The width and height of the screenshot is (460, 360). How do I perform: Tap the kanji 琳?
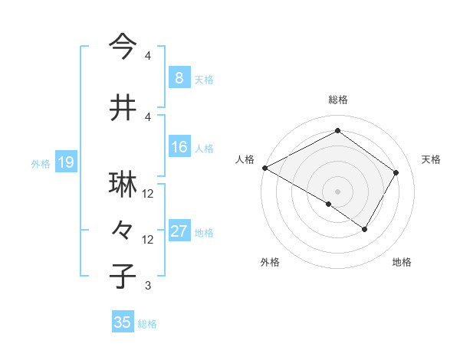[x=123, y=185]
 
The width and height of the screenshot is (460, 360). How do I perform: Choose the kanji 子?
[x=123, y=277]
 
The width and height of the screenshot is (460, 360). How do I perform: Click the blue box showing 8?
[x=179, y=78]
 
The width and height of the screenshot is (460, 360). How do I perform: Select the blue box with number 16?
[x=179, y=147]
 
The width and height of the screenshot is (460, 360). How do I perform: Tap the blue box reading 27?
[x=179, y=231]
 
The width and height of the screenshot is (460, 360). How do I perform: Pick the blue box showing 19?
[x=65, y=162]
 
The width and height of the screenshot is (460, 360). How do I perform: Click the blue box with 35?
[x=123, y=322]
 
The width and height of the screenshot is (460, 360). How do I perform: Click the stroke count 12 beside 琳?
[x=148, y=195]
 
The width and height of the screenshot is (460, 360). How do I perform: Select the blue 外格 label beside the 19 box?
[x=40, y=163]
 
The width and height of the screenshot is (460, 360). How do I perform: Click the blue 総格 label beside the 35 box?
[x=147, y=323]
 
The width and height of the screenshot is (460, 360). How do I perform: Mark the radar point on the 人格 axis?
[x=264, y=168]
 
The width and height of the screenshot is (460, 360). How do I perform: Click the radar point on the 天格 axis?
[x=396, y=173]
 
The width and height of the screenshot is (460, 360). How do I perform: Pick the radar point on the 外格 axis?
[x=329, y=204]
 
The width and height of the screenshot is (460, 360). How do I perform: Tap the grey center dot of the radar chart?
[x=337, y=191]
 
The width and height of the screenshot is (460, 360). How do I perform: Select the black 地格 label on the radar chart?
[x=402, y=262]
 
